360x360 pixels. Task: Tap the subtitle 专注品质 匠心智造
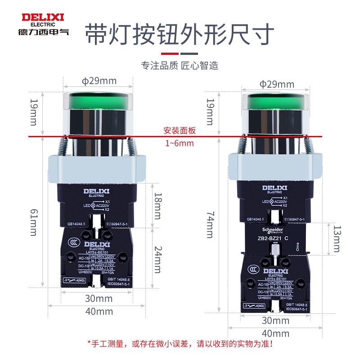point(180,66)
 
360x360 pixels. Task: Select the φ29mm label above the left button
point(99,81)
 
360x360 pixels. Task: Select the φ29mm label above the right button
point(277,84)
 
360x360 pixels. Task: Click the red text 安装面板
point(180,131)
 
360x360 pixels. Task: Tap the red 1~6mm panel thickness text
point(180,143)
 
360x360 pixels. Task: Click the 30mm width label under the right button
point(275,320)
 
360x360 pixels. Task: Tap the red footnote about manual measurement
point(180,344)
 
